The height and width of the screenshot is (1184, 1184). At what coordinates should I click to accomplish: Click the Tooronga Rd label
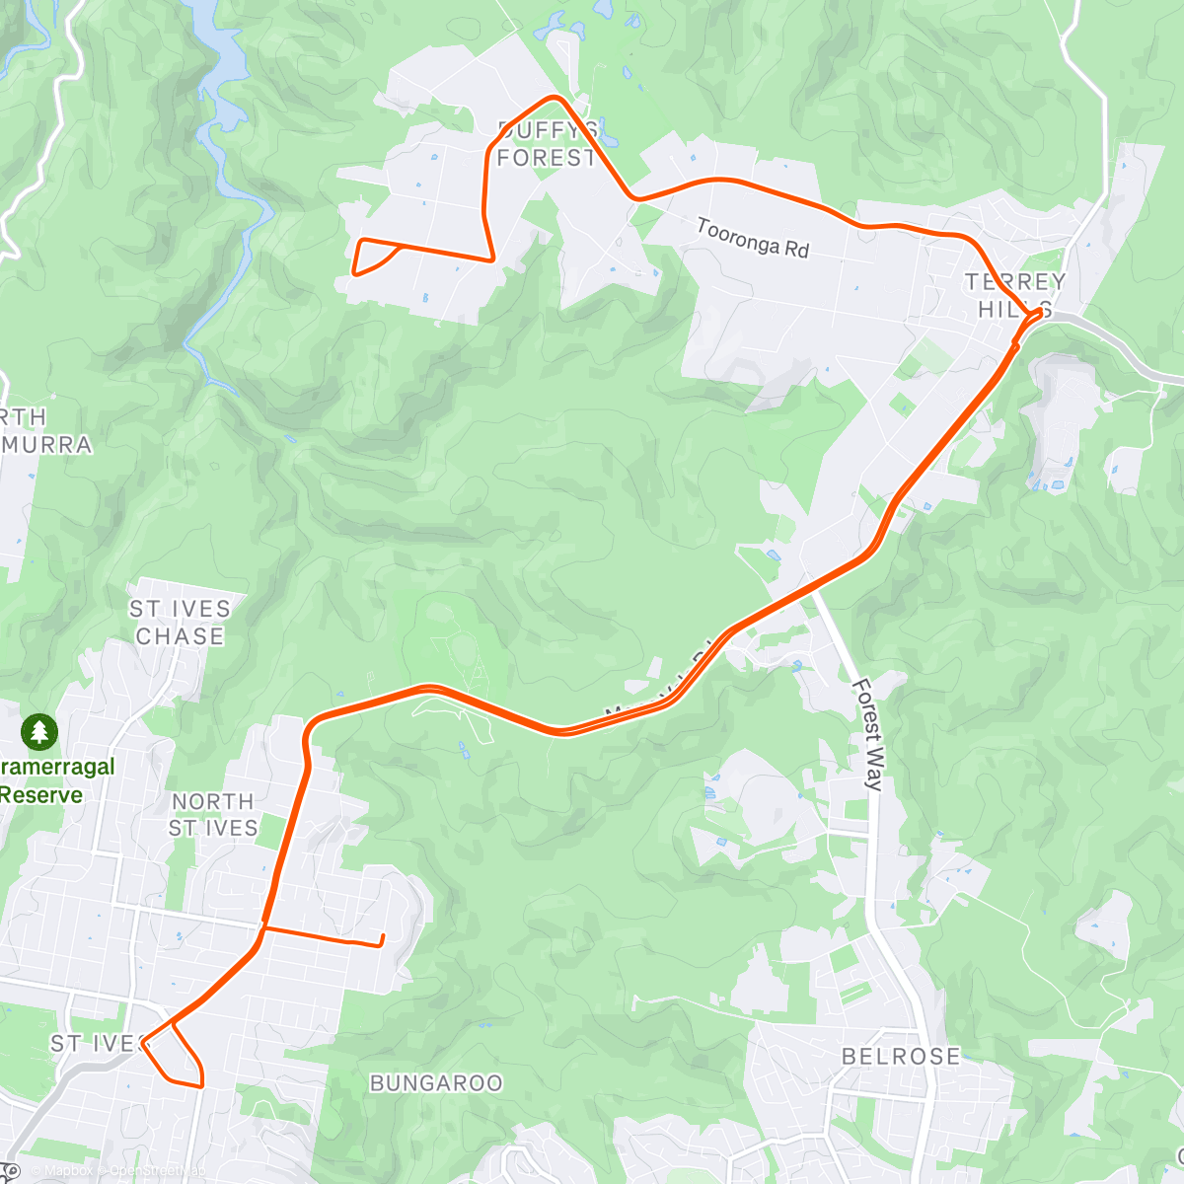tap(752, 238)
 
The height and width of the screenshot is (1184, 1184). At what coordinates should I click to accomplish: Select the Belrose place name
tap(900, 1057)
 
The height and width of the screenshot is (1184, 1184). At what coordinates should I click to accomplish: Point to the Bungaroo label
tap(435, 1083)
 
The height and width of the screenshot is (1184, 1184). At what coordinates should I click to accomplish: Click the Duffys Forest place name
tap(547, 144)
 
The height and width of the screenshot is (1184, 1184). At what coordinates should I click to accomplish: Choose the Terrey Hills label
tap(1014, 295)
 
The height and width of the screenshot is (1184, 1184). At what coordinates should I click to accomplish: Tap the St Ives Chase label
tap(180, 623)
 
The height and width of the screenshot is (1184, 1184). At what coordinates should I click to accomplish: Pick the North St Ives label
tap(212, 815)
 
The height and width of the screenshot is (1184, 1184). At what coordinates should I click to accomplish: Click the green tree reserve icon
tap(38, 732)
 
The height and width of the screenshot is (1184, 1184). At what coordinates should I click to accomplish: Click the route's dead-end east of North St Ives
tap(382, 939)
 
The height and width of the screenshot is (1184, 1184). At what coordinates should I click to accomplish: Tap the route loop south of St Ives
tap(178, 1061)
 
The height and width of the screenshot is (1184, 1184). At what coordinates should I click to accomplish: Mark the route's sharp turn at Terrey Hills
tap(1038, 313)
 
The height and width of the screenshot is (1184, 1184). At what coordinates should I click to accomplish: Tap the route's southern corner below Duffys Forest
tap(492, 259)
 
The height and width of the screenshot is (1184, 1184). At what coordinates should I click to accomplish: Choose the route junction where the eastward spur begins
tap(263, 927)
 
